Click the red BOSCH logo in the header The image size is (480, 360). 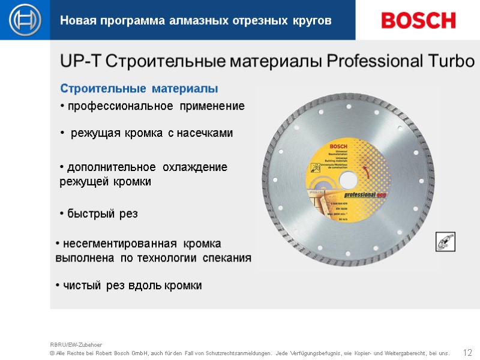418,20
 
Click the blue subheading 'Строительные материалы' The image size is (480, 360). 139,89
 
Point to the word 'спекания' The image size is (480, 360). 227,258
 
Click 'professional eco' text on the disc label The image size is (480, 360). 368,194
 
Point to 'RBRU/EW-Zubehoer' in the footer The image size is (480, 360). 76,345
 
